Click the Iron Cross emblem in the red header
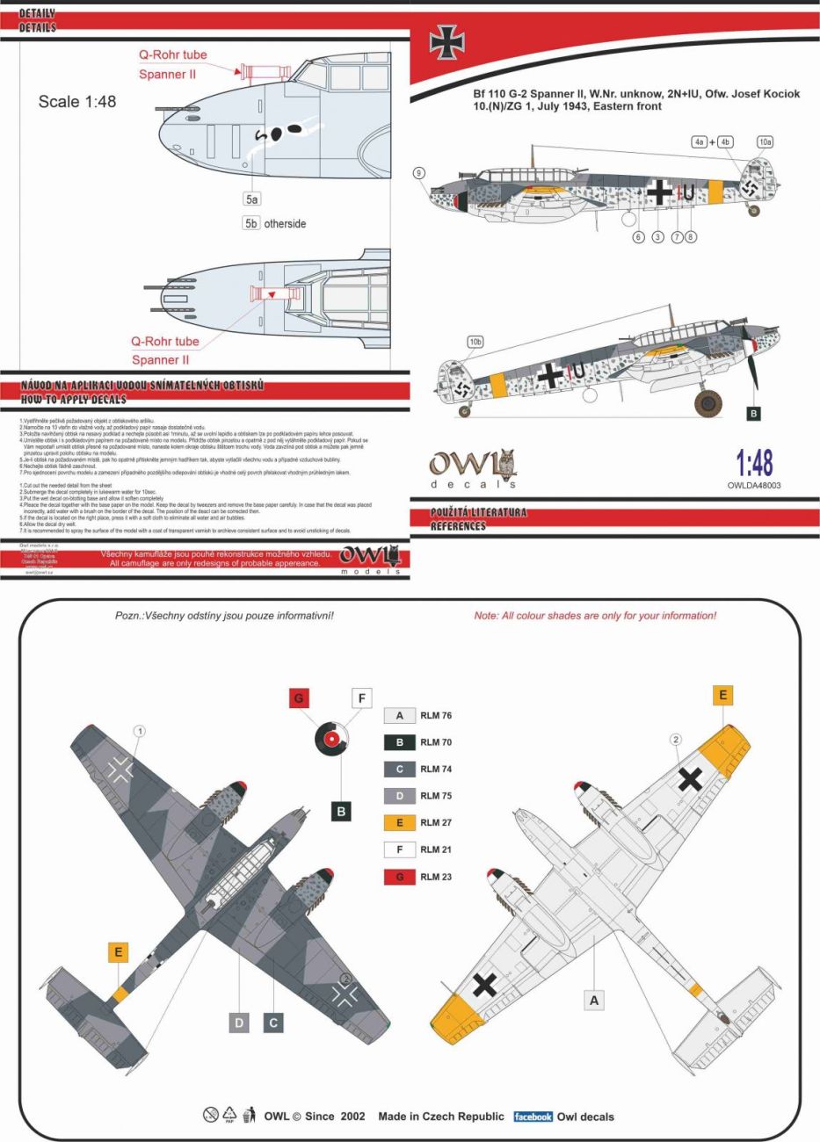(x=446, y=41)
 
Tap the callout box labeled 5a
(x=252, y=199)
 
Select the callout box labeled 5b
(x=251, y=223)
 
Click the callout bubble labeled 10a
(x=765, y=141)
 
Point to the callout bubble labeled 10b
(x=475, y=342)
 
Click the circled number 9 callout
(x=419, y=173)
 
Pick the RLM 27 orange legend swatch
(x=399, y=822)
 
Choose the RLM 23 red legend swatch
(x=399, y=877)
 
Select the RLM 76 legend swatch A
(x=399, y=715)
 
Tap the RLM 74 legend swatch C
(x=399, y=769)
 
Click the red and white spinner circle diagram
(x=332, y=739)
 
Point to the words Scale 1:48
(x=77, y=102)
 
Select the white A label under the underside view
(x=594, y=1000)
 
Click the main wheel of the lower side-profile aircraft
(x=708, y=402)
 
